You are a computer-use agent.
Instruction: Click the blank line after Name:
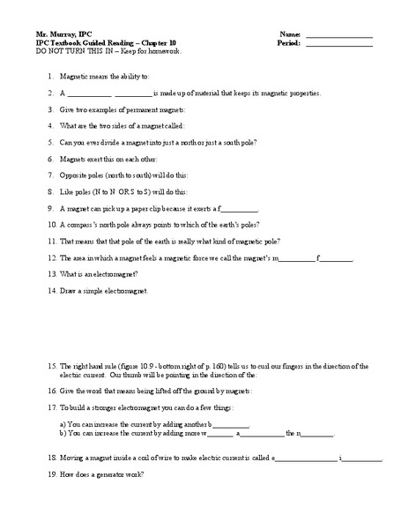pyautogui.click(x=339, y=35)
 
